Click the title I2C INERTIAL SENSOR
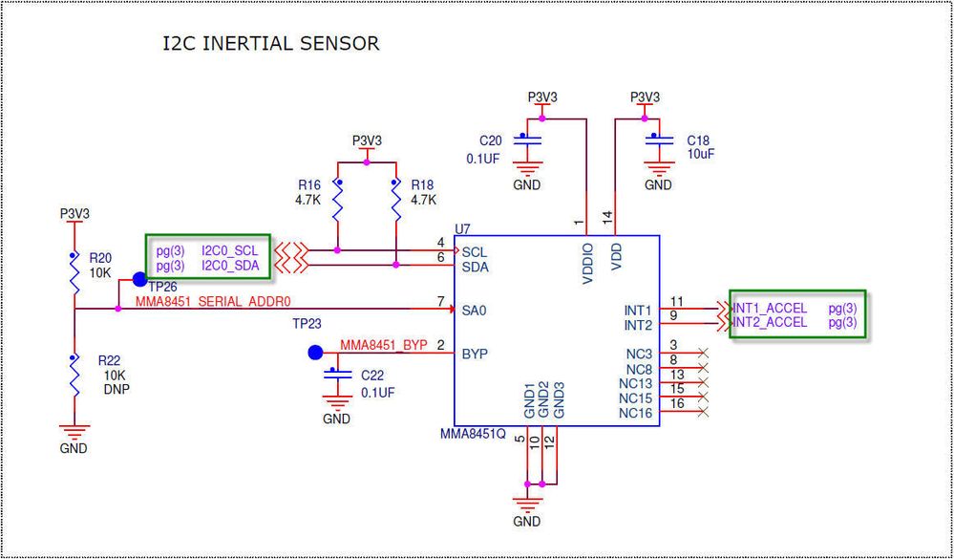point(271,44)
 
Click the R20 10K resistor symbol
point(74,273)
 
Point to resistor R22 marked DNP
point(74,376)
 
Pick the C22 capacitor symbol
point(334,375)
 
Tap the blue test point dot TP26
point(139,279)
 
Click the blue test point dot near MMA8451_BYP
point(315,353)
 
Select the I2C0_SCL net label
point(230,250)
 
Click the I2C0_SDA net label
point(230,265)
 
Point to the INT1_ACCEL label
point(771,309)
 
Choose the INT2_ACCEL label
point(771,323)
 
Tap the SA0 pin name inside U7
point(475,311)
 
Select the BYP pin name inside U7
point(475,353)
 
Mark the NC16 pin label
point(635,413)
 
